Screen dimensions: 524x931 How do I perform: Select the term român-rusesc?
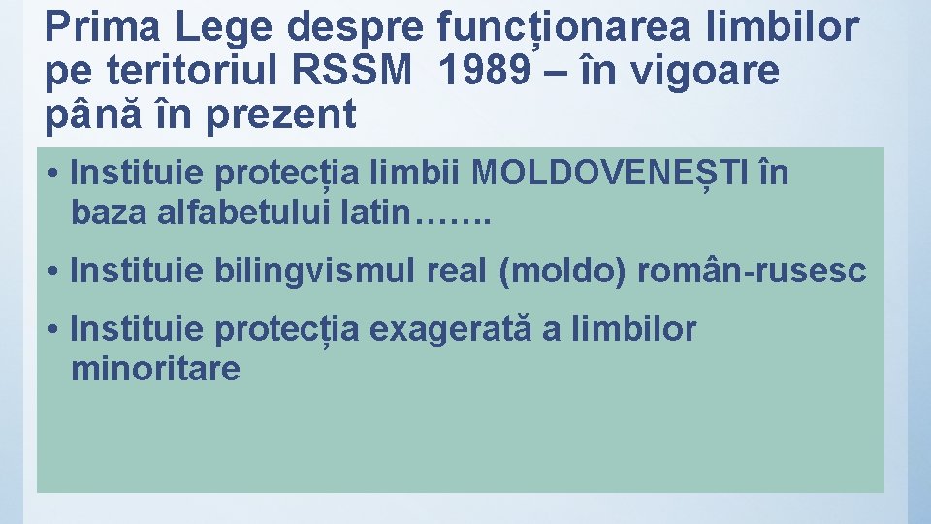(752, 272)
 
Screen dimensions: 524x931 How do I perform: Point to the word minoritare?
(155, 369)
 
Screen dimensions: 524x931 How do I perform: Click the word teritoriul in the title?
(187, 71)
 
